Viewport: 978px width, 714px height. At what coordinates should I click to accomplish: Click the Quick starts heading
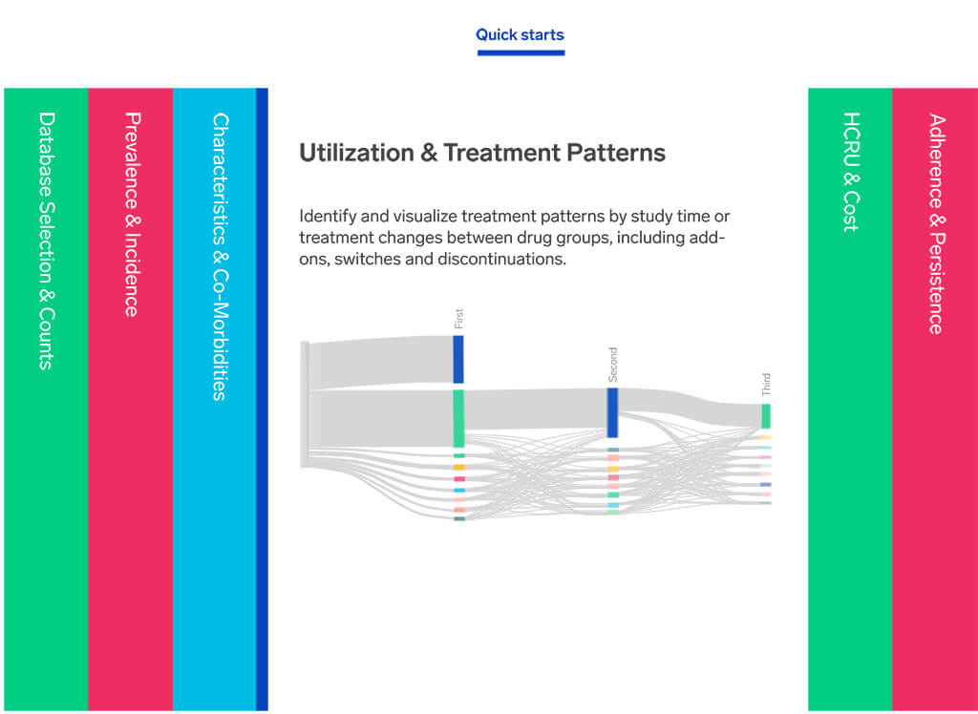click(520, 35)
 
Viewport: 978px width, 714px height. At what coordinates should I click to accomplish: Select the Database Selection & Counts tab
click(46, 399)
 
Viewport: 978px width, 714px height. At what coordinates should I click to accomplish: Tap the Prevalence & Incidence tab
click(130, 399)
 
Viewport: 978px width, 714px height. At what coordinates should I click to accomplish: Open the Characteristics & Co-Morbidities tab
click(215, 399)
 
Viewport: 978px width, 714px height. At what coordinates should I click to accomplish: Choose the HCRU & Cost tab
click(850, 399)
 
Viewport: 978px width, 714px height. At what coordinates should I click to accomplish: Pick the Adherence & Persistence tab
click(935, 399)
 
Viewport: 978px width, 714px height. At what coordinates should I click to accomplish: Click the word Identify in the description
click(321, 217)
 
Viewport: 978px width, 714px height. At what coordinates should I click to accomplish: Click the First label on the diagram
click(459, 319)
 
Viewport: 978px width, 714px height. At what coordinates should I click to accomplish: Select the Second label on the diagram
click(612, 365)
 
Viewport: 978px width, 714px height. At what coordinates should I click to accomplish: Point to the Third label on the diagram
click(766, 384)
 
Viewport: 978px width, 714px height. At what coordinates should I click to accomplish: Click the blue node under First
click(458, 360)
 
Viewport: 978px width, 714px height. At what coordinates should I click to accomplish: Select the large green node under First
click(458, 418)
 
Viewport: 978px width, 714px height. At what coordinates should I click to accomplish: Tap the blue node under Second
click(612, 412)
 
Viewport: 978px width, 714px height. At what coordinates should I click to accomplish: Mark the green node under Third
click(766, 416)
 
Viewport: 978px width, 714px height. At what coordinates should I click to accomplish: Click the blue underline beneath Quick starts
click(521, 53)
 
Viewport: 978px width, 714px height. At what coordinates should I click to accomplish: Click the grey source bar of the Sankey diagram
click(305, 404)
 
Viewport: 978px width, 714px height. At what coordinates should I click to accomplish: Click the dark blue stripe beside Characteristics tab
click(262, 399)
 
